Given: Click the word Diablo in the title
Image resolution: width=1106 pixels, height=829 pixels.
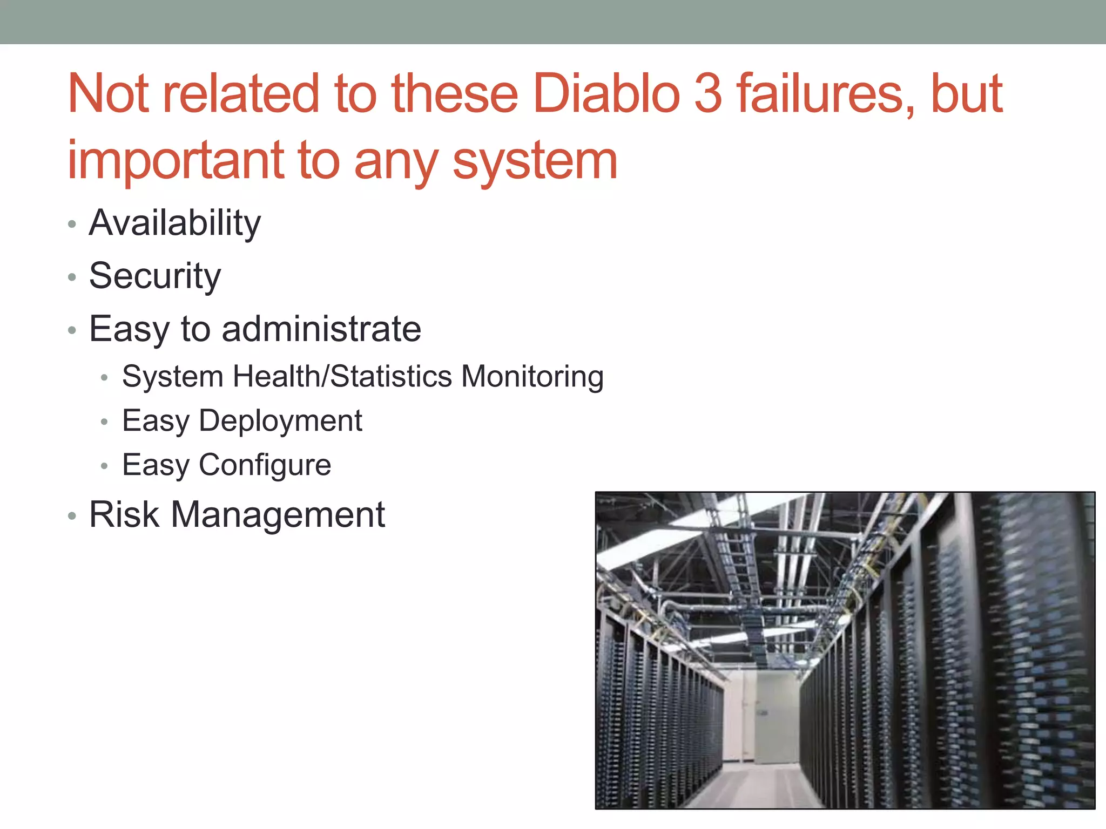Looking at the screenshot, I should tap(605, 94).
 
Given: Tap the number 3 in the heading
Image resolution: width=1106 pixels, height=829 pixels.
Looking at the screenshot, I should tap(707, 94).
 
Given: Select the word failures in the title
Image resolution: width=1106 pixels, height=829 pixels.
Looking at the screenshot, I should tap(826, 94).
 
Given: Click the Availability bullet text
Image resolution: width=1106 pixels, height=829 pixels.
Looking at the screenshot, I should tap(175, 223).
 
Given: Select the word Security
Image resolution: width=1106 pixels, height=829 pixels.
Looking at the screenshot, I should tap(155, 276).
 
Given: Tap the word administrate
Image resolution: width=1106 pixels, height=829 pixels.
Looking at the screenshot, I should tap(321, 329).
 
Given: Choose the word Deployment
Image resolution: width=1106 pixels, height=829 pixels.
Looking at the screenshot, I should tap(280, 421).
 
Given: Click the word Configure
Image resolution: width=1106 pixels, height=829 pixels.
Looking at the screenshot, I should tap(265, 465).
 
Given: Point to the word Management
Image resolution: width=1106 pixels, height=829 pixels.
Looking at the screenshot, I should tap(278, 514).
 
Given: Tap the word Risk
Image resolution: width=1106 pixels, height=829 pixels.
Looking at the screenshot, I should tap(124, 514).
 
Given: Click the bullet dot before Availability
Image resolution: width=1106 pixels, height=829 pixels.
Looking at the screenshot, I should tap(72, 224).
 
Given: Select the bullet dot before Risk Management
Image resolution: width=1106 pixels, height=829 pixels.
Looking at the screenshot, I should tap(72, 517).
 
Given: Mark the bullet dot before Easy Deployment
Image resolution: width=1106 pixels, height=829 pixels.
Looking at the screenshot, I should tap(105, 422).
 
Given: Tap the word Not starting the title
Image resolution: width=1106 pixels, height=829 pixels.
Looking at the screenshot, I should tap(108, 94).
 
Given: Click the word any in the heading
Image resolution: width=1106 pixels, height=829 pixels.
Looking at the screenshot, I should tap(395, 161).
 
